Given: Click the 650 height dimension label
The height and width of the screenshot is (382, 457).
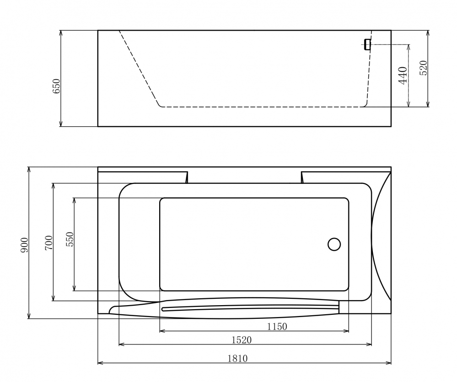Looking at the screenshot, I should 56,86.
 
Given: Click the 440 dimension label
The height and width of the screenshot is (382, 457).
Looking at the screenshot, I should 403,75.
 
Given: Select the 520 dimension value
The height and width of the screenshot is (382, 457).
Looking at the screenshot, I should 423,68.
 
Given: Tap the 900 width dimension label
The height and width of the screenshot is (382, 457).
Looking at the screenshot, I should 25,245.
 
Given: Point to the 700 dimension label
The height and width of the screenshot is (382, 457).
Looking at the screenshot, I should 49,242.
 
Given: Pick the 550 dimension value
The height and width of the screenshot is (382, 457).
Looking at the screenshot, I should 70,239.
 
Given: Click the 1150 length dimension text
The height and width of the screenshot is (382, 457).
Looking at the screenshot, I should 276,326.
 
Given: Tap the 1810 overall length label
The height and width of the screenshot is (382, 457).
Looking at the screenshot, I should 237,358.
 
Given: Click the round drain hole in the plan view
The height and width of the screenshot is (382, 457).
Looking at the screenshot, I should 334,244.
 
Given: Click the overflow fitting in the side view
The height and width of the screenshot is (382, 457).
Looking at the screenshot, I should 366,44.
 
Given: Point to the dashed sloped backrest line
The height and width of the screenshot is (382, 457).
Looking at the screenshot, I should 139,69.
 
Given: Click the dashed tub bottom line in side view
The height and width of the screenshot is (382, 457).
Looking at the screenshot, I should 261,107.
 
